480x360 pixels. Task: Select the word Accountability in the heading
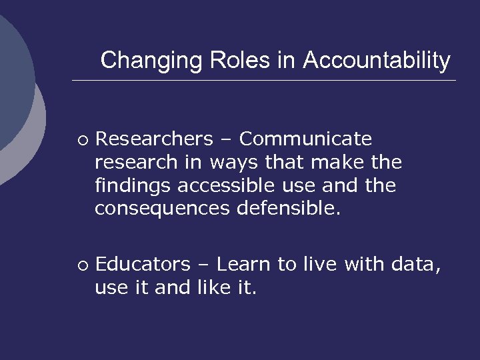tap(377, 61)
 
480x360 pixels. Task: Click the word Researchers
tap(153, 139)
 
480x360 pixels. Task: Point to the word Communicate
tap(305, 139)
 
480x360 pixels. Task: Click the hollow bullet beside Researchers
tap(81, 139)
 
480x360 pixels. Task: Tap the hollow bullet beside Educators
tap(81, 265)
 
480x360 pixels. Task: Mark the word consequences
tap(163, 209)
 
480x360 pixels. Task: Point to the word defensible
tap(289, 209)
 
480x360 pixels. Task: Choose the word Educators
tap(143, 265)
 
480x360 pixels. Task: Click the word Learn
tap(245, 265)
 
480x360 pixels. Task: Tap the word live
tap(320, 265)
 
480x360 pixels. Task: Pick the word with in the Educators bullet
tap(364, 265)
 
